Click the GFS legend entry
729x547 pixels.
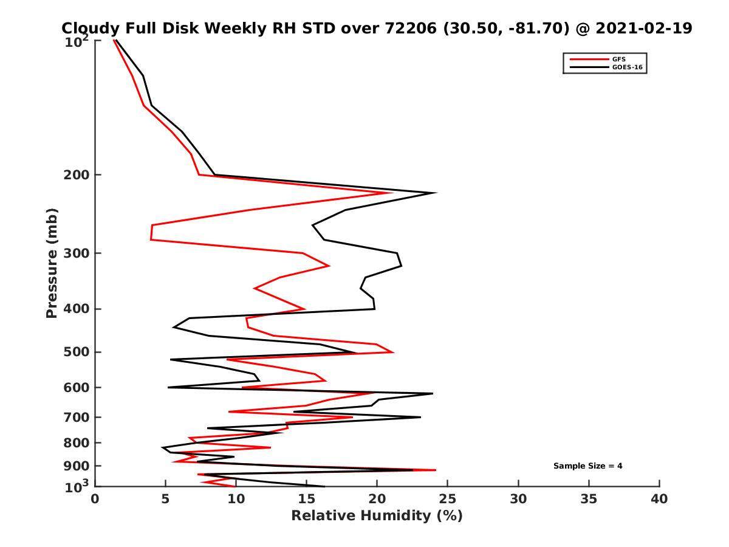point(619,59)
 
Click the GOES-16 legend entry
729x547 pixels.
point(626,67)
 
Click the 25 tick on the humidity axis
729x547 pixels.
point(448,499)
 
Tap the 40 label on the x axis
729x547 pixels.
point(659,499)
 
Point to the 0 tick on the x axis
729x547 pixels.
point(95,499)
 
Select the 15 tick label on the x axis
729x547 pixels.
point(307,499)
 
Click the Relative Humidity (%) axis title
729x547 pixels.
point(377,516)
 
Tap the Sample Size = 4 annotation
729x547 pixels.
point(587,466)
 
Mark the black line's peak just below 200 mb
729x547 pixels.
point(435,193)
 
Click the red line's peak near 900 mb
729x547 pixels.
point(435,470)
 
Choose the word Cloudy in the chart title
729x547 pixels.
point(90,28)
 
